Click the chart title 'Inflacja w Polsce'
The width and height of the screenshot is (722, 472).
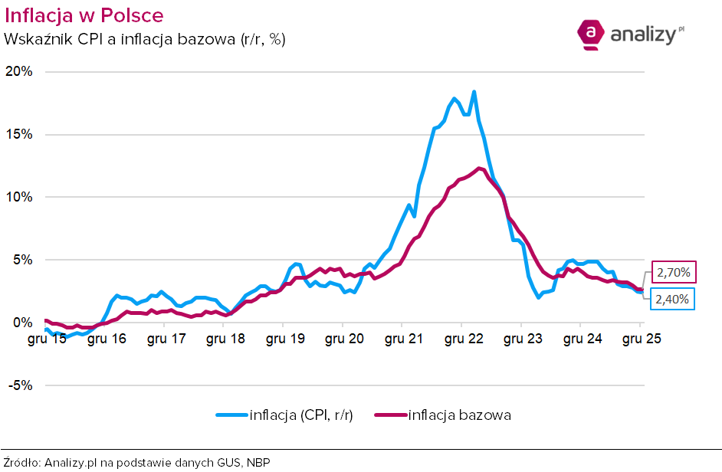[84, 15]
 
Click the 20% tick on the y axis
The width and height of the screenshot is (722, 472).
[19, 71]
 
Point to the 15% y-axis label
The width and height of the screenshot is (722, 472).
[19, 134]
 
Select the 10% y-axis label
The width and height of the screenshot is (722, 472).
[19, 197]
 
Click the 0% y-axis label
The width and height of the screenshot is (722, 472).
[22, 323]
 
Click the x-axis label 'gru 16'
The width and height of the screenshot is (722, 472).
[107, 339]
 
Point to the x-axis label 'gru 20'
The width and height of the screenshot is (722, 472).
[343, 339]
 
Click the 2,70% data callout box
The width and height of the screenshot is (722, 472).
[674, 273]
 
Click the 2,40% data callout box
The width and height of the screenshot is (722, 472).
[674, 300]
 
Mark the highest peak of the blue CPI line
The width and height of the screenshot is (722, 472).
[474, 92]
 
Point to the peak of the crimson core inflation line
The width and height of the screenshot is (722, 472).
[479, 169]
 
